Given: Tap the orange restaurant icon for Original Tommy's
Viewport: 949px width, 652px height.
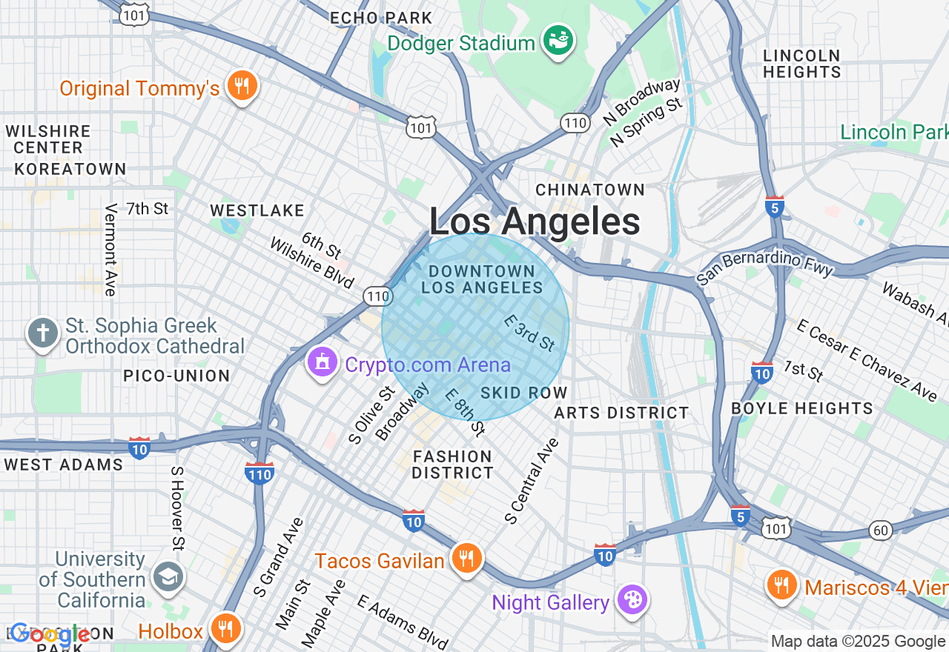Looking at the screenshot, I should click(x=242, y=86).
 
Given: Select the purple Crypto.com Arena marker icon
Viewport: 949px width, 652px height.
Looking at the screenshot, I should click(x=323, y=363).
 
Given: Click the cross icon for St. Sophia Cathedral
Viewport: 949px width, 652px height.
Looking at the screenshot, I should click(x=43, y=333).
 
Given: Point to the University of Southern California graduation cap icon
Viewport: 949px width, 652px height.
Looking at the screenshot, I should click(x=168, y=577).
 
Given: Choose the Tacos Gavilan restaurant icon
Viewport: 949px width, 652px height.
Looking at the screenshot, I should click(x=466, y=559).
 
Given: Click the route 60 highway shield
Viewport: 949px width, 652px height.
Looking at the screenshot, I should click(x=880, y=530).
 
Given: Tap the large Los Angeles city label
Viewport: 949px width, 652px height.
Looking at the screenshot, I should click(x=535, y=222).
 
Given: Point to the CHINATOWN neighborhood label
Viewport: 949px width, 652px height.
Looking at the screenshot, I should click(x=590, y=190).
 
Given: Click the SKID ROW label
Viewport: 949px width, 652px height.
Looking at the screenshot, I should click(x=523, y=393).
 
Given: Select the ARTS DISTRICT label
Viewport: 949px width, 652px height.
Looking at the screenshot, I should click(x=621, y=413).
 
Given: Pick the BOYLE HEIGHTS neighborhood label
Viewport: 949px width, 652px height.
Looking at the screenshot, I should click(x=802, y=408).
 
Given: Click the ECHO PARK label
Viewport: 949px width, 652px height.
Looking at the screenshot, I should click(x=380, y=18).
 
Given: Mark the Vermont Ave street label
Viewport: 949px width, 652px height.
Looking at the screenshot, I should click(x=110, y=250).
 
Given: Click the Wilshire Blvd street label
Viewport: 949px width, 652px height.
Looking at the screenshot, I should click(x=311, y=263).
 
